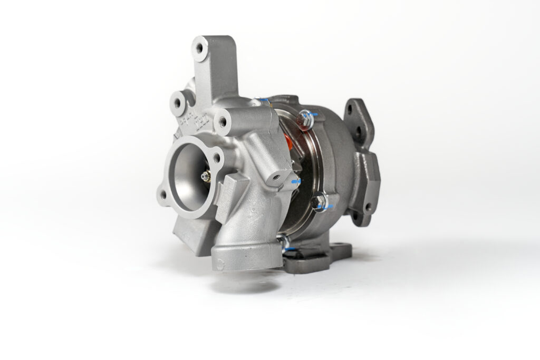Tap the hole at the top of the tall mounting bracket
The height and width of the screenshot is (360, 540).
(200, 47)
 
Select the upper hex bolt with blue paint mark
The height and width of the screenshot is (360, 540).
(305, 117)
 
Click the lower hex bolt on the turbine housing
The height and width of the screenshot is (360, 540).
(319, 201)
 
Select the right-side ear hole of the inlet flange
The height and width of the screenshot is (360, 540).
(216, 157)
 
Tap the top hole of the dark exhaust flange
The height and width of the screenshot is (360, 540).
(351, 111)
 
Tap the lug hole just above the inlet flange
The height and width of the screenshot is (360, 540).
(223, 122)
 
